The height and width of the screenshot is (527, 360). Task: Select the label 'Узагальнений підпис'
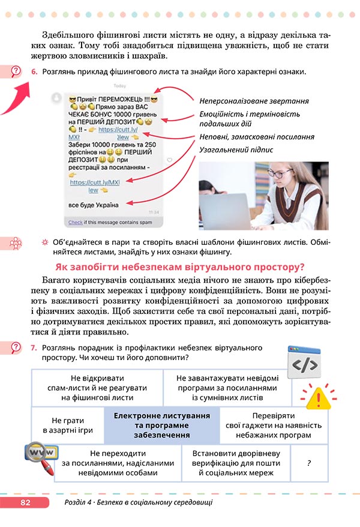click(x=236, y=149)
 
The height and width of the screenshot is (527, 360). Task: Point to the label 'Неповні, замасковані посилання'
click(x=257, y=137)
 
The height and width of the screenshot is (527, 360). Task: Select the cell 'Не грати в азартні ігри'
click(x=68, y=425)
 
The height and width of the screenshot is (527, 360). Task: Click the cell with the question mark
click(x=308, y=463)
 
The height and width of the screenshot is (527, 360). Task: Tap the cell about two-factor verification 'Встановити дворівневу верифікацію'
click(x=236, y=463)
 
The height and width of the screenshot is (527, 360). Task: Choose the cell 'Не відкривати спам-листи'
click(x=96, y=387)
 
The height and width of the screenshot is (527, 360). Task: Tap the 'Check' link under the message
click(x=75, y=221)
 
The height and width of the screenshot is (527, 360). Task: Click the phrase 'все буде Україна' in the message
click(x=93, y=204)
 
